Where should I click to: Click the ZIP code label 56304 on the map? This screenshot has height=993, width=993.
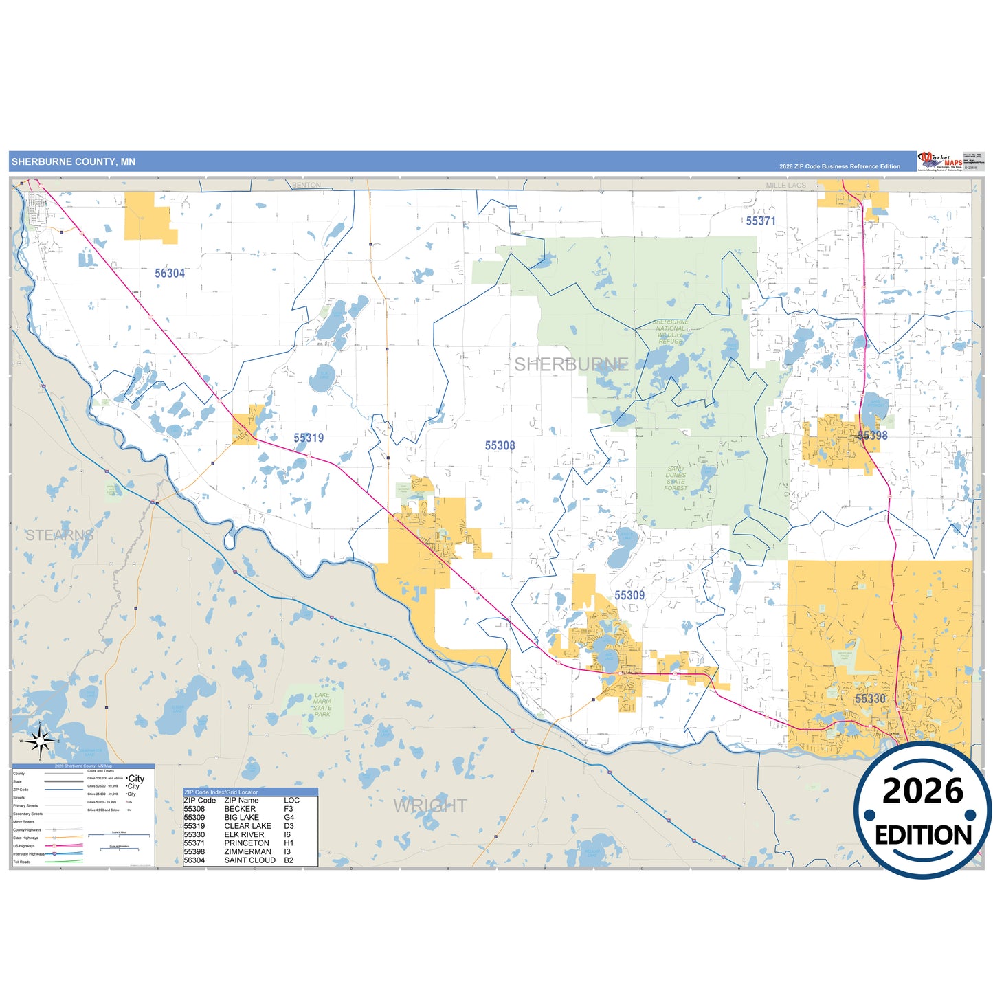point(170,274)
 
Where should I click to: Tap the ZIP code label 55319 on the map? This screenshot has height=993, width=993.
point(309,438)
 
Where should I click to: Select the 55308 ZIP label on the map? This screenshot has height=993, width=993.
point(500,446)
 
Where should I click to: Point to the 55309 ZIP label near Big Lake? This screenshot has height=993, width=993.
point(629,595)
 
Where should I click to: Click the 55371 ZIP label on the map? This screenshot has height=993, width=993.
point(761,221)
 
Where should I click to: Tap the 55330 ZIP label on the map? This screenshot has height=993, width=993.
point(870,699)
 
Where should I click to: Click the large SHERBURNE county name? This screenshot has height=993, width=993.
point(571,364)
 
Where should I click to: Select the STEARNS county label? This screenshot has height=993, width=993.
point(60,535)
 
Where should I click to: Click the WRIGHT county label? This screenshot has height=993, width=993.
point(430,805)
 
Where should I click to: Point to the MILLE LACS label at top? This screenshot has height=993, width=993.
point(786,186)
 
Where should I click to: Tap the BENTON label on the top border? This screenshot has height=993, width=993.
point(306,185)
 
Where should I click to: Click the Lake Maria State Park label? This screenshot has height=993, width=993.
point(322,705)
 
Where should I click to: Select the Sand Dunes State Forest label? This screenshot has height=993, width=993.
point(676,478)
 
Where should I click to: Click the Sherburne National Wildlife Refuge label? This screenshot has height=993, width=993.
point(670,331)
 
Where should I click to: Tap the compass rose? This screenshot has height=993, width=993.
point(41,741)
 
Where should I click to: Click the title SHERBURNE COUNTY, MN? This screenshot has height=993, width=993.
point(74,162)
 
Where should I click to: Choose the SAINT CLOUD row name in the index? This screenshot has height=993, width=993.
point(249,860)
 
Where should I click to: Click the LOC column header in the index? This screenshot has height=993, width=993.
point(291,801)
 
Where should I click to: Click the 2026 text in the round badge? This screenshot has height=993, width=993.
point(922,792)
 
